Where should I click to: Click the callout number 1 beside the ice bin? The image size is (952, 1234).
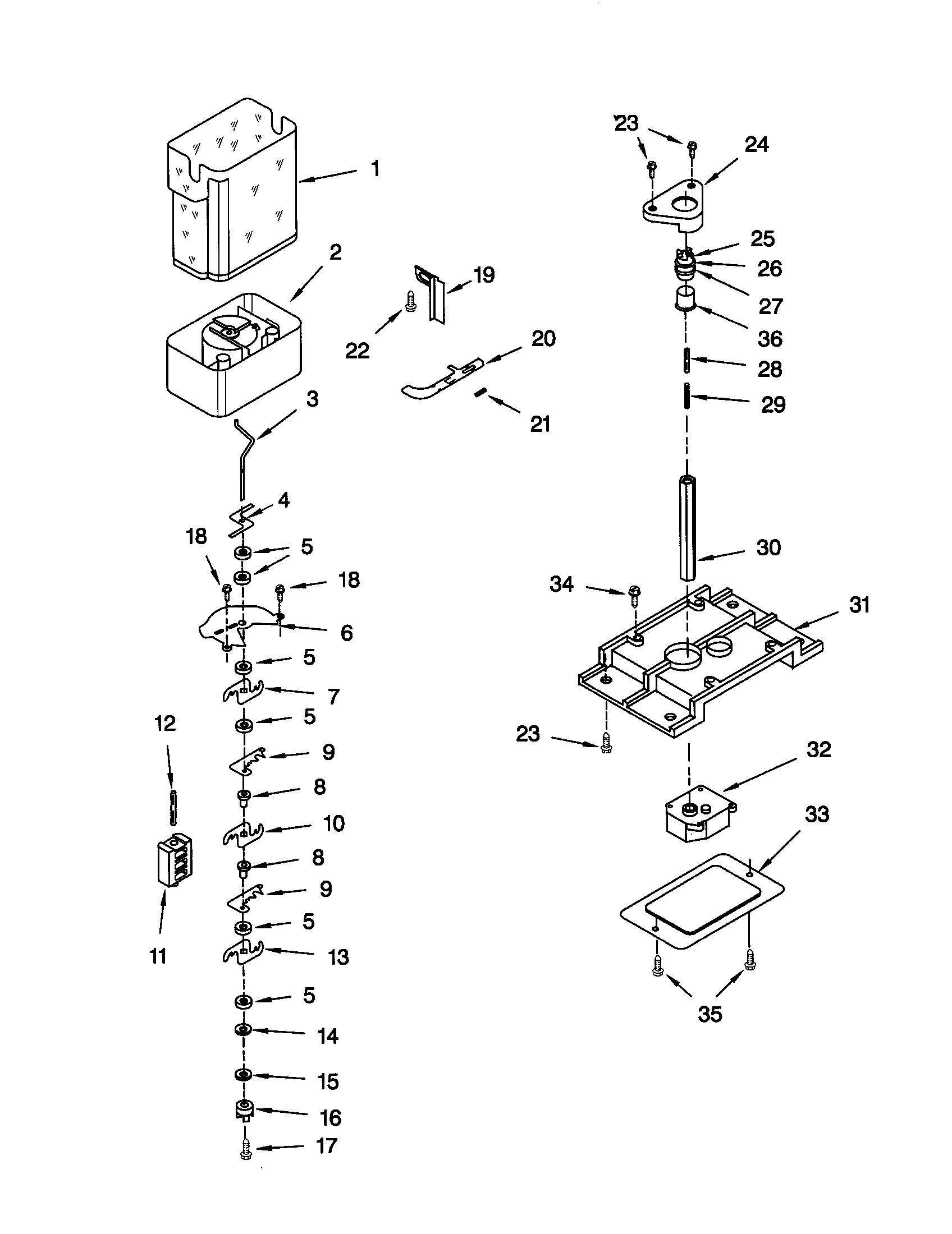pyautogui.click(x=375, y=168)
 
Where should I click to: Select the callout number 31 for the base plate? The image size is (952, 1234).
pyautogui.click(x=859, y=605)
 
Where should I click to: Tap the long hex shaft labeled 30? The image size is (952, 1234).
pyautogui.click(x=688, y=528)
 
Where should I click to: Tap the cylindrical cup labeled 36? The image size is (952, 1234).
pyautogui.click(x=686, y=298)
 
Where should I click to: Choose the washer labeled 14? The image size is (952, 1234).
pyautogui.click(x=243, y=1030)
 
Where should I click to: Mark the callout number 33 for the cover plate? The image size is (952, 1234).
pyautogui.click(x=816, y=814)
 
